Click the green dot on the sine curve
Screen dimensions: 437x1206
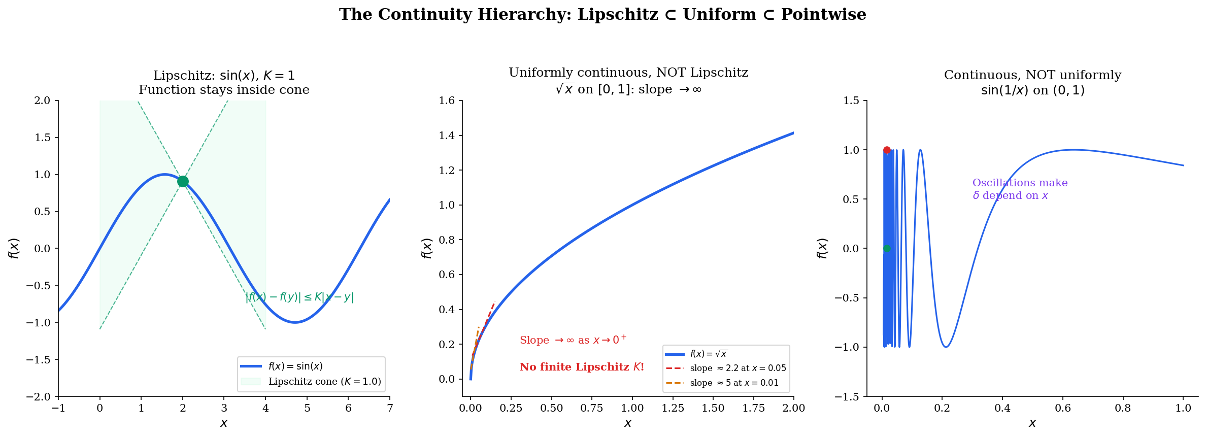pyautogui.click(x=183, y=182)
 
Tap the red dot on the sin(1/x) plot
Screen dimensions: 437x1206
pyautogui.click(x=887, y=150)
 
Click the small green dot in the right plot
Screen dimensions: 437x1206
pyautogui.click(x=887, y=249)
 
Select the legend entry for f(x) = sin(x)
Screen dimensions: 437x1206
pyautogui.click(x=295, y=366)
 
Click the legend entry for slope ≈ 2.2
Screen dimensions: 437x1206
pyautogui.click(x=738, y=368)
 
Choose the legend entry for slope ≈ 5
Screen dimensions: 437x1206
pyautogui.click(x=734, y=383)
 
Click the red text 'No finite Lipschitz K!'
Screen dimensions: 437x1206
pyautogui.click(x=582, y=367)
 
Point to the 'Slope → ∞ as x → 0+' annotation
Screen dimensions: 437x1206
pyautogui.click(x=573, y=340)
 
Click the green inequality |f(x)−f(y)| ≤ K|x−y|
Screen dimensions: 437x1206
pyautogui.click(x=299, y=297)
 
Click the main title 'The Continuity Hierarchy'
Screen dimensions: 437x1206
pyautogui.click(x=602, y=15)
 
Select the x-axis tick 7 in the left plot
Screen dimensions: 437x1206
pyautogui.click(x=390, y=408)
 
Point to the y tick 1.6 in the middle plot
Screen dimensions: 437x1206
pyautogui.click(x=447, y=100)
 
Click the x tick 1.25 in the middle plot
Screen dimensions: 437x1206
pyautogui.click(x=673, y=408)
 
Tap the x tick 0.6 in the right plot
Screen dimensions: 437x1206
pyautogui.click(x=1063, y=408)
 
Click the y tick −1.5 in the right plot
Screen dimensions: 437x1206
pyautogui.click(x=847, y=396)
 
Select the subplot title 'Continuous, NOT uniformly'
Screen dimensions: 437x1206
pyautogui.click(x=1032, y=75)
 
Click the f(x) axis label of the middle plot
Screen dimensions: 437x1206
pyautogui.click(x=427, y=248)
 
